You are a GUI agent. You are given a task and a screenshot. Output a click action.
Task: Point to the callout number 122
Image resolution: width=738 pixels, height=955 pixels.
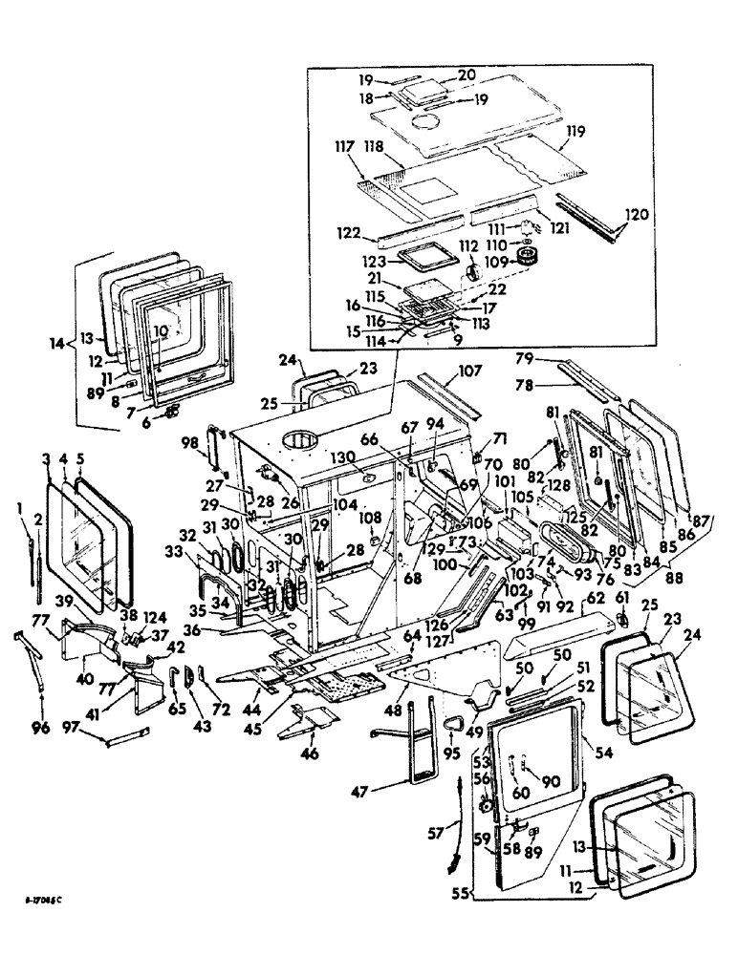pyautogui.click(x=347, y=232)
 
